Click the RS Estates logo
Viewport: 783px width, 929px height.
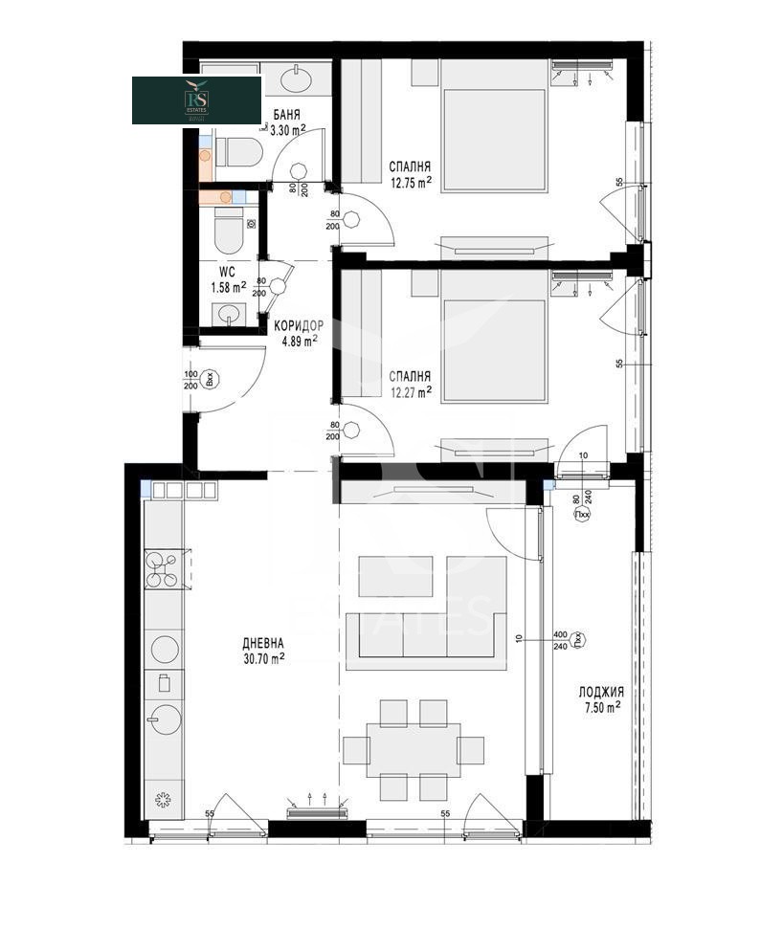(196, 100)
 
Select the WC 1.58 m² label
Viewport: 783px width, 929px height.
(229, 279)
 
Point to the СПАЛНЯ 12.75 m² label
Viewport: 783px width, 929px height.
(411, 170)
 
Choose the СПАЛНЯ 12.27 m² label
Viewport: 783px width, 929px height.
(411, 383)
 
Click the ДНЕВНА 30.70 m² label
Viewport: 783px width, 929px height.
(263, 651)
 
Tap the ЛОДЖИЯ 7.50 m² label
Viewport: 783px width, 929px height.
(600, 698)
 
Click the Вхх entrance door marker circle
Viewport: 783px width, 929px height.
(213, 379)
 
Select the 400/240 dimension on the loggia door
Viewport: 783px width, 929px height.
(561, 640)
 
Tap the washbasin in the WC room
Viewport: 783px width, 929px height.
(228, 313)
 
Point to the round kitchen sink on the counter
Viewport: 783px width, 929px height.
(165, 718)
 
